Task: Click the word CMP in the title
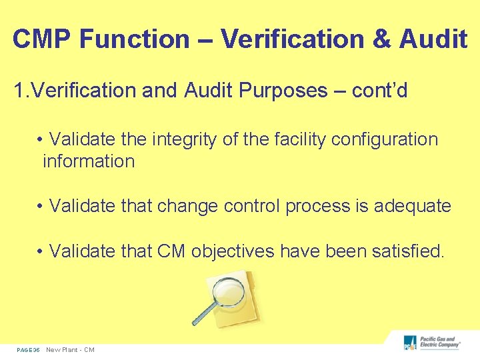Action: pos(42,39)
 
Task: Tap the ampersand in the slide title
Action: pos(382,39)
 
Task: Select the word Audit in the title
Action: pos(433,39)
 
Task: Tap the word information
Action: pos(89,161)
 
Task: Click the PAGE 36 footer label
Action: pos(29,350)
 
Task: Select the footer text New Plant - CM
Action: pos(70,350)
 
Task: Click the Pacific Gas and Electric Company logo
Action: pos(431,343)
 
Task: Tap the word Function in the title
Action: pos(135,39)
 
